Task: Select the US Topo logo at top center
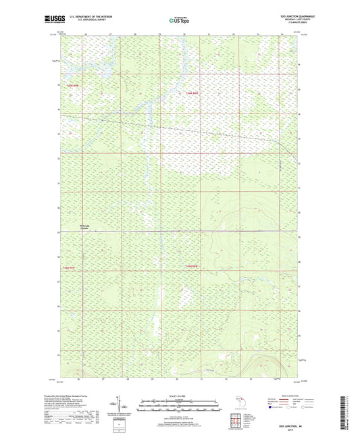click(177, 20)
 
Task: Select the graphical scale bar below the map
click(178, 407)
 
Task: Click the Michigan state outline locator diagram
click(239, 403)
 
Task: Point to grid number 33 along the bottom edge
click(261, 379)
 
